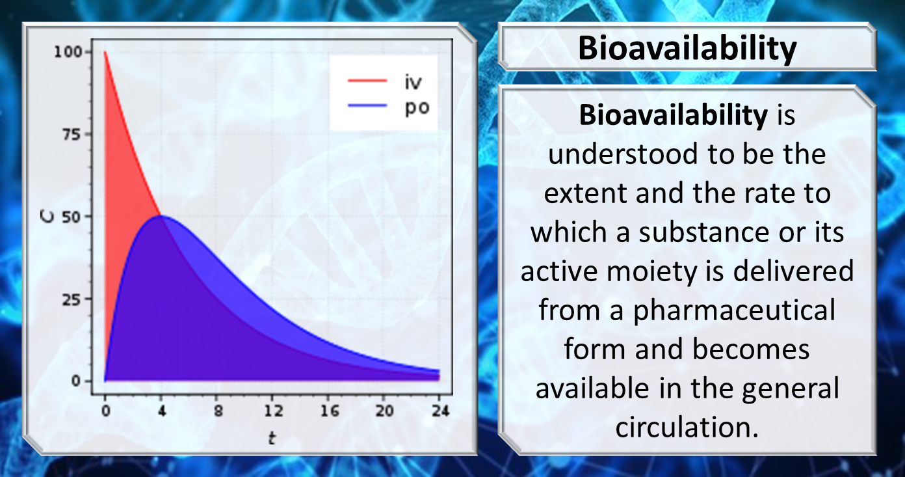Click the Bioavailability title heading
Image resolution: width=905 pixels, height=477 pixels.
(687, 48)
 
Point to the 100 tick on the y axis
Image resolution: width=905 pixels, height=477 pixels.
(77, 52)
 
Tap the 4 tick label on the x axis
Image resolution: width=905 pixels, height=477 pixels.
(161, 411)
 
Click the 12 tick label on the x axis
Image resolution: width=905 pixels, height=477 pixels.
(273, 411)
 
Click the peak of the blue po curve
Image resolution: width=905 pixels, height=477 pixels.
(161, 216)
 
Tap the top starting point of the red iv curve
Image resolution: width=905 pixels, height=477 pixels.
(105, 52)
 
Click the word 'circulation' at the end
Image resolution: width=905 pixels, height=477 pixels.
(683, 428)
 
